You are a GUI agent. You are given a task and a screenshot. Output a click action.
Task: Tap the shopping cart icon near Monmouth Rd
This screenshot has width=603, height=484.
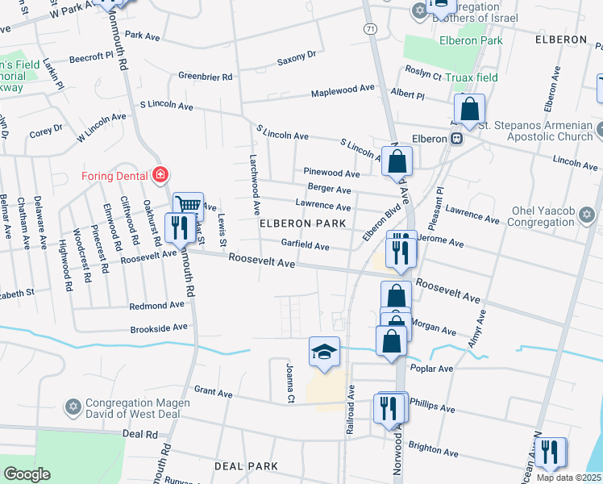pyautogui.click(x=188, y=206)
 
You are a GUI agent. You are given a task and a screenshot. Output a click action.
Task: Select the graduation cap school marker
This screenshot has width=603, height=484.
pyautogui.click(x=324, y=352)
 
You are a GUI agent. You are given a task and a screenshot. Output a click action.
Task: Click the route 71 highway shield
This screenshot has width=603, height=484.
pyautogui.click(x=369, y=28)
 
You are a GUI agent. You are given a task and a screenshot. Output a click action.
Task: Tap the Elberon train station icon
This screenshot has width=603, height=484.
pyautogui.click(x=456, y=139)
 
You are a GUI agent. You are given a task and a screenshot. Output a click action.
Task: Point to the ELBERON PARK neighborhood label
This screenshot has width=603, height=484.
pyautogui.click(x=301, y=223)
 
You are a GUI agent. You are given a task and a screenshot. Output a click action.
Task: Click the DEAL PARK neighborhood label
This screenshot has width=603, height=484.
pyautogui.click(x=246, y=466)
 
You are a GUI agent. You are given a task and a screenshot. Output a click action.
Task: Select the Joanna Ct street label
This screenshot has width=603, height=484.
pyautogui.click(x=289, y=382)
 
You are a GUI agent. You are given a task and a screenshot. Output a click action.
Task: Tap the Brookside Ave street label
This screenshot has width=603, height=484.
pyautogui.click(x=159, y=328)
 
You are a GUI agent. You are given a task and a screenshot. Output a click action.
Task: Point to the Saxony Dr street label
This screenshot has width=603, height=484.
pyautogui.click(x=297, y=56)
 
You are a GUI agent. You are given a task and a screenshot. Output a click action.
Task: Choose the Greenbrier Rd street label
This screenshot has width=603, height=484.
pyautogui.click(x=206, y=77)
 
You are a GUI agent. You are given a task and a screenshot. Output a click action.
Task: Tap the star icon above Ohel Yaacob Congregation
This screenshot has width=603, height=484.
pyautogui.click(x=588, y=214)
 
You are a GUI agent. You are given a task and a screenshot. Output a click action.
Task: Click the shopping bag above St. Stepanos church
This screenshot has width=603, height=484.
pyautogui.click(x=469, y=108)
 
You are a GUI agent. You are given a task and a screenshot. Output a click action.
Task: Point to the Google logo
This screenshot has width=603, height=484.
pyautogui.click(x=27, y=474)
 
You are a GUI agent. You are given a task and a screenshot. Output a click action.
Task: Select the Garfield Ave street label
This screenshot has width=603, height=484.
pyautogui.click(x=305, y=245)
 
